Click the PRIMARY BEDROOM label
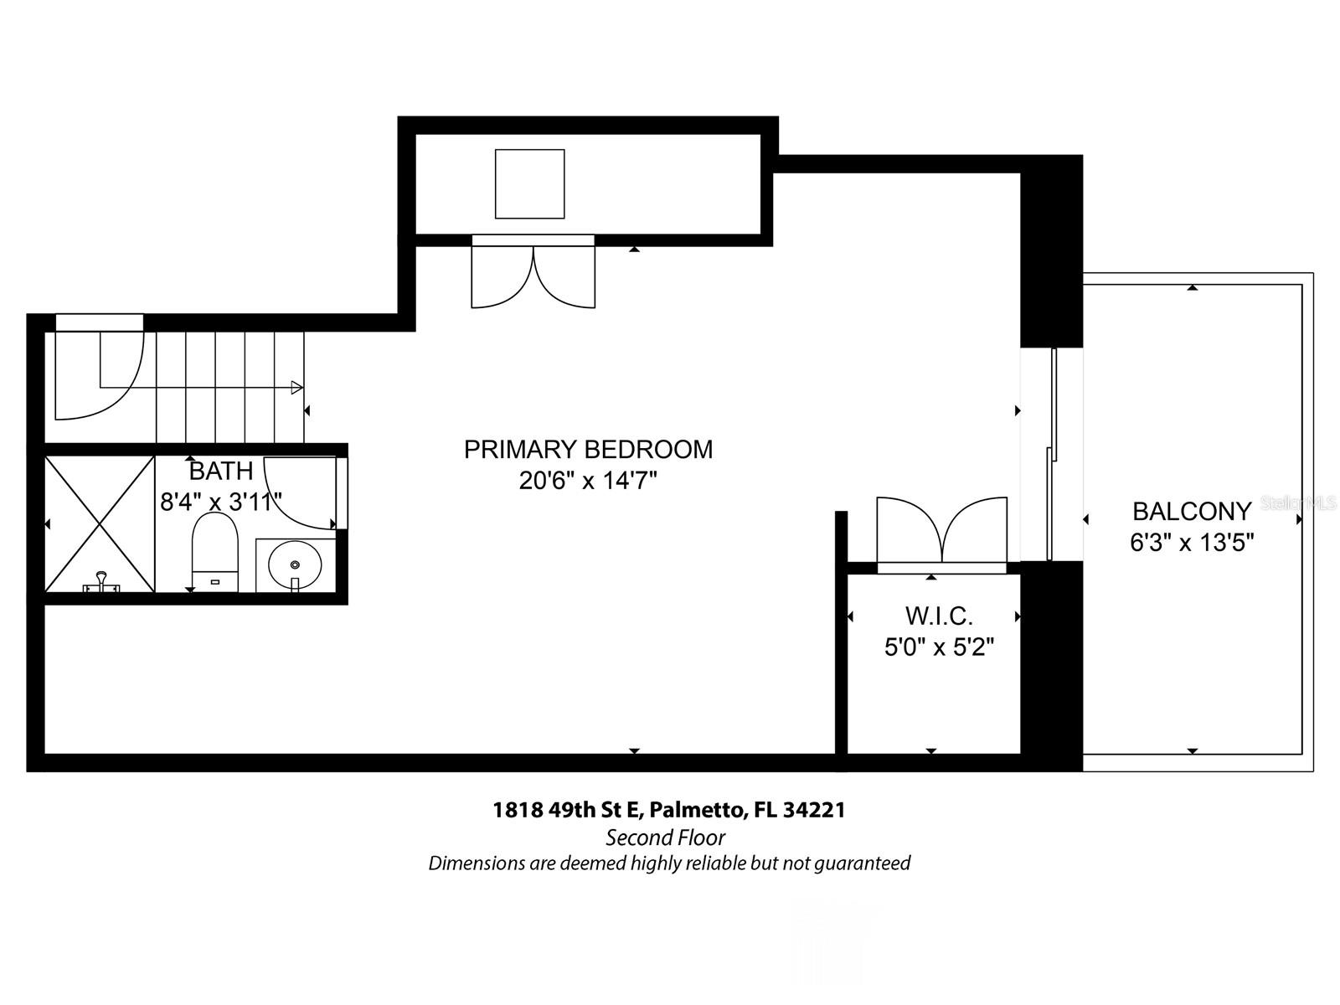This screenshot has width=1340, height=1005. [x=588, y=450]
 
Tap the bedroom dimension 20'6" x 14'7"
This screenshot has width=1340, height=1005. [x=588, y=482]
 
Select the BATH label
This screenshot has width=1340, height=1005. [x=221, y=471]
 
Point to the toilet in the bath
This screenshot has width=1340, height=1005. [x=215, y=549]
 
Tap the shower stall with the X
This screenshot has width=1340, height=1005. [x=100, y=524]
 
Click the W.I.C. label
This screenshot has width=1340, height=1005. [x=939, y=616]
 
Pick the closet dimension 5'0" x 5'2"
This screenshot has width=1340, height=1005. [x=939, y=647]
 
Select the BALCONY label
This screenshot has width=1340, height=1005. [x=1192, y=511]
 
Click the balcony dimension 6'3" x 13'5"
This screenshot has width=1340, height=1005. [x=1192, y=543]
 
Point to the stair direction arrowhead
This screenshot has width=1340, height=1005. [x=296, y=388]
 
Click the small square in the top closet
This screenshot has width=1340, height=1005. [x=529, y=183]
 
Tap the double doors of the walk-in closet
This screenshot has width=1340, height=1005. [x=942, y=531]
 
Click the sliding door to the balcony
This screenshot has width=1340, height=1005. [x=1052, y=454]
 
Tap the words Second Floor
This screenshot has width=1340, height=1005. [x=666, y=837]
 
